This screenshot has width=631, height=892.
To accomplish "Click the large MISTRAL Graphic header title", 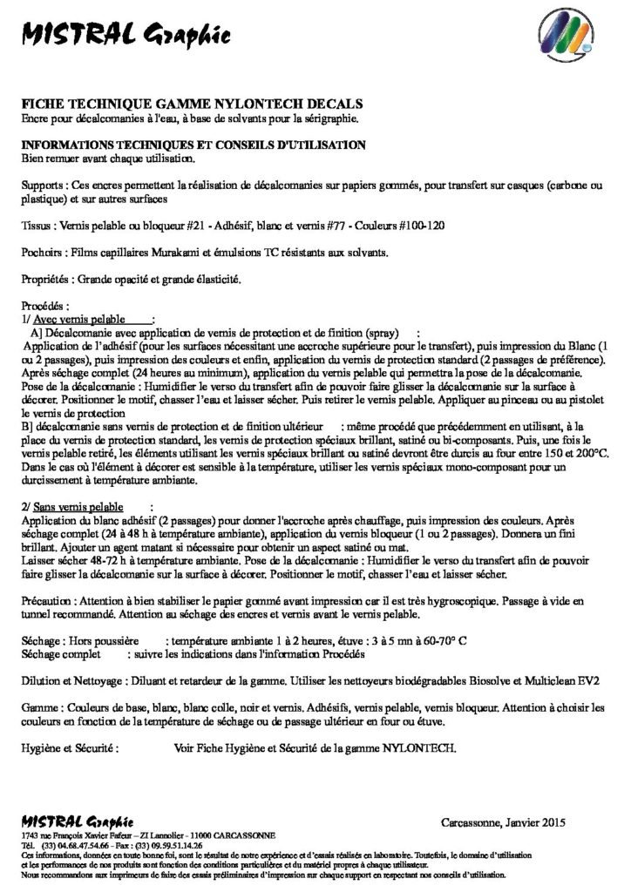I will (x=126, y=35).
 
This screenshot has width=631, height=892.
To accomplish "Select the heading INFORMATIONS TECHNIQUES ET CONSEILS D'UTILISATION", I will (x=193, y=145).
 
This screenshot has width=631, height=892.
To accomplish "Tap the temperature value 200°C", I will (x=589, y=453).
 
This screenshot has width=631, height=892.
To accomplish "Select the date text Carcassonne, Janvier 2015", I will (x=504, y=821).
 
